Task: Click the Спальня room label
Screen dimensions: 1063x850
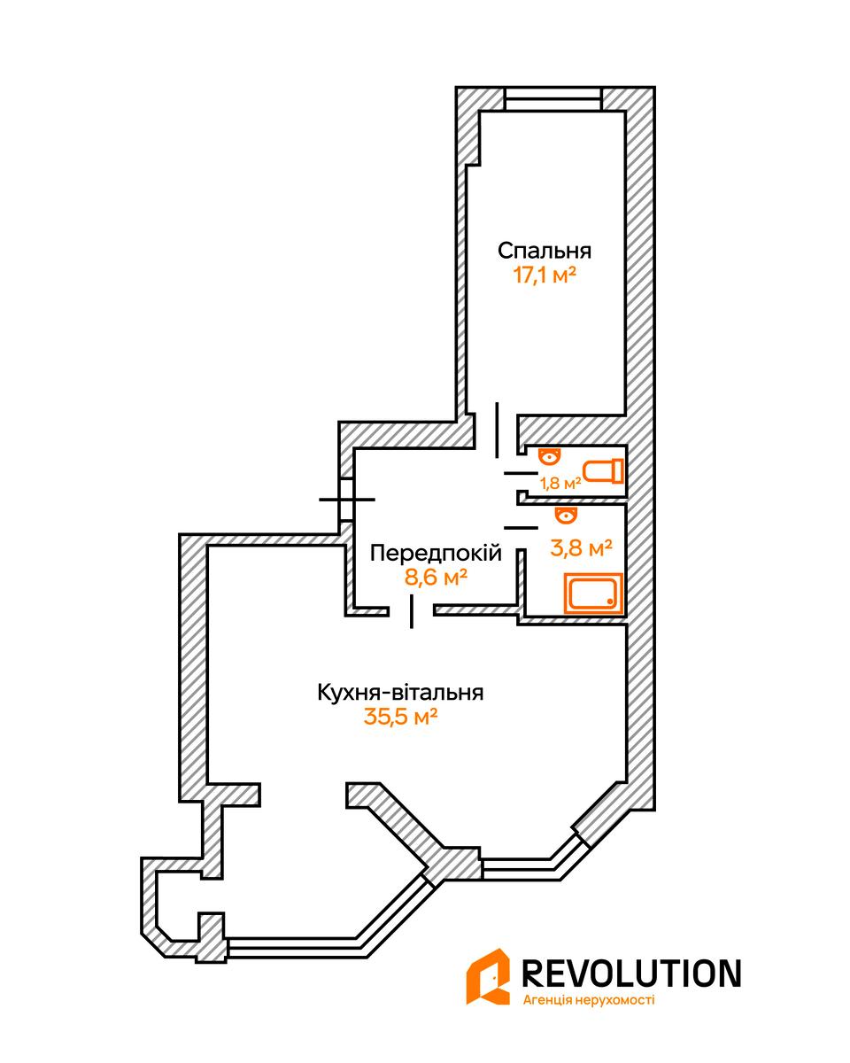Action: click(544, 250)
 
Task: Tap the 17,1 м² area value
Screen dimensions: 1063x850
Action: click(545, 275)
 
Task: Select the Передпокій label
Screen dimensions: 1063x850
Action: click(436, 554)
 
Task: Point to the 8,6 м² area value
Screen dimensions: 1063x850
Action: click(435, 577)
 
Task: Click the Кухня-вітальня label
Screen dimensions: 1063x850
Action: click(399, 693)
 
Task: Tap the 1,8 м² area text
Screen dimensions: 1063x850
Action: click(560, 484)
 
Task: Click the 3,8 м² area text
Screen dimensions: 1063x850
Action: click(582, 548)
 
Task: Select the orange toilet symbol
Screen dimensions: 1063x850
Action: click(603, 470)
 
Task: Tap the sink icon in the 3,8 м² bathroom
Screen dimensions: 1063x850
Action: click(564, 516)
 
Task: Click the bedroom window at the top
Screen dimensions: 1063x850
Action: click(552, 98)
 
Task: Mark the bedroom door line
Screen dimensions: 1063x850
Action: click(497, 430)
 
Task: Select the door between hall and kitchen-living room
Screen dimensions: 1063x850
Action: click(412, 611)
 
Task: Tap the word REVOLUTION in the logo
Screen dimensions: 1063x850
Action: click(632, 973)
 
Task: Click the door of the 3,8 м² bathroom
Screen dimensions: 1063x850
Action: click(521, 527)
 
